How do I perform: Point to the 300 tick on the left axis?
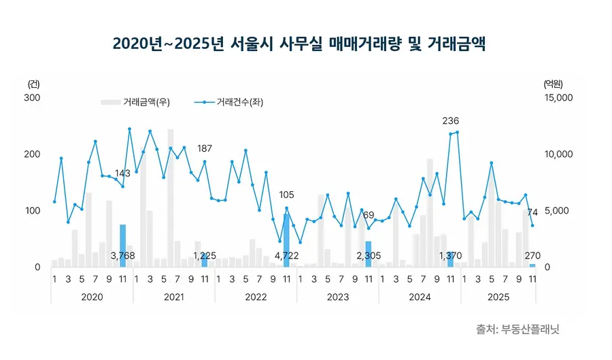[x=33, y=98]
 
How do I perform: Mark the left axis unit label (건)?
[x=34, y=84]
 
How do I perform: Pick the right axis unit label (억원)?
[x=554, y=84]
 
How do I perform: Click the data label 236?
[x=450, y=121]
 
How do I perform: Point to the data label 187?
[x=205, y=148]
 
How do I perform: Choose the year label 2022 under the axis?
[x=256, y=297]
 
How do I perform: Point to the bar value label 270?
[x=532, y=256]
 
